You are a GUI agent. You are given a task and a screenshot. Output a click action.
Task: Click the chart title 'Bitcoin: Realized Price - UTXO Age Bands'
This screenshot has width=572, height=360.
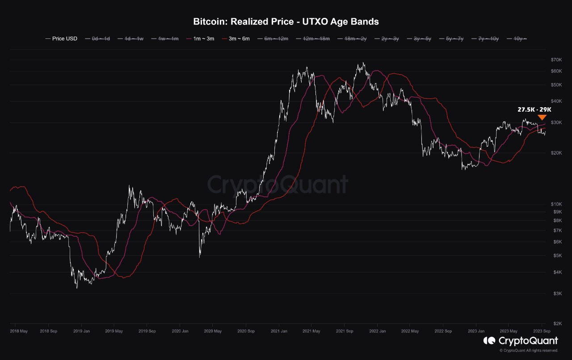286,21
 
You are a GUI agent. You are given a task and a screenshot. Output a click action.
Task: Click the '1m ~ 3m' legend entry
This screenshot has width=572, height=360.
203,39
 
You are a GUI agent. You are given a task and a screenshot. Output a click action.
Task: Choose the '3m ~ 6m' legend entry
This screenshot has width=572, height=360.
238,39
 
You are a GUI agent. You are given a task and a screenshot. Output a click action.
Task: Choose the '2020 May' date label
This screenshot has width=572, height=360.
212,331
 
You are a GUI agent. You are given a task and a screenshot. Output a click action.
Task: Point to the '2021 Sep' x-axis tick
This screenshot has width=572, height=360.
345,331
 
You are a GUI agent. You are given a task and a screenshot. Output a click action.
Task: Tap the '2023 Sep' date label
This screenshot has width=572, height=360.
542,331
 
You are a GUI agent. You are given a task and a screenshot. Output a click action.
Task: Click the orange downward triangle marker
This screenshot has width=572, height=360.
542,117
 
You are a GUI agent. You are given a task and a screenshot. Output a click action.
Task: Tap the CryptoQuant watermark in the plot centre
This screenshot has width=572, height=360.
277,184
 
